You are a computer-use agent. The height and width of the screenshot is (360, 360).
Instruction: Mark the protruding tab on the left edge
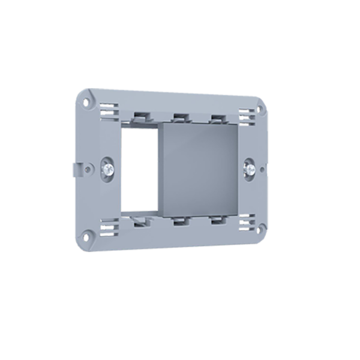pos(76,169)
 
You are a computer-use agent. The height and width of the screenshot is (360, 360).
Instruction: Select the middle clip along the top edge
pos(178,116)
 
